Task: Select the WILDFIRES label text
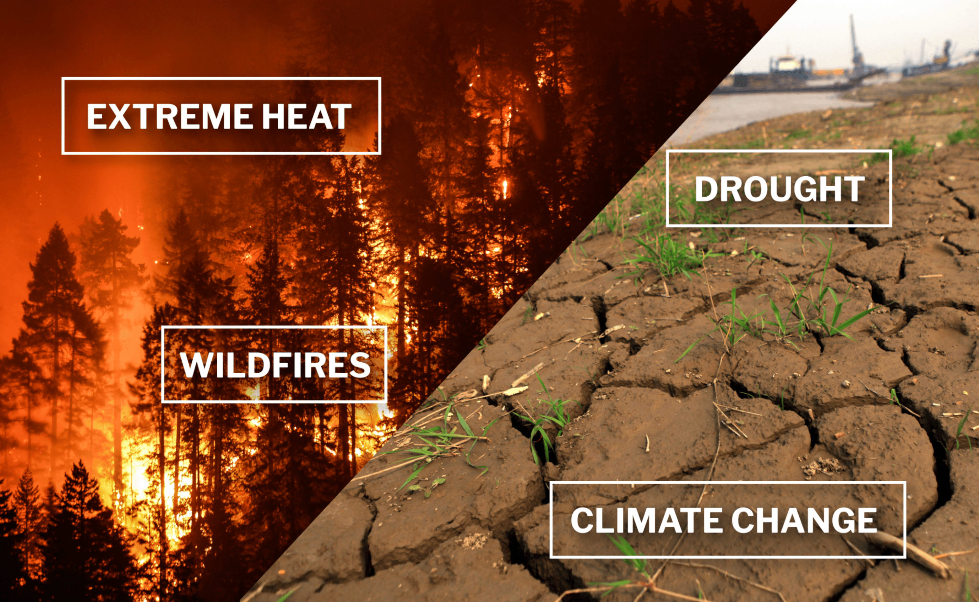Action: point(275,365)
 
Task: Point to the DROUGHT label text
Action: point(780,189)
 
